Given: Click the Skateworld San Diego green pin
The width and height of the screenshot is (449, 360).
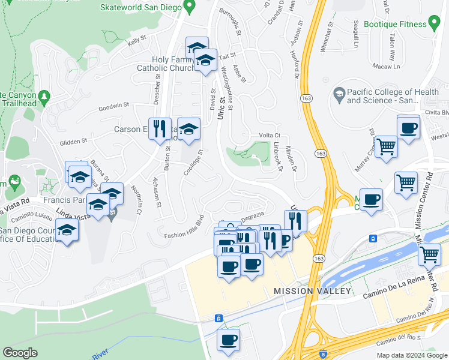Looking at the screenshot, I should click(x=190, y=7).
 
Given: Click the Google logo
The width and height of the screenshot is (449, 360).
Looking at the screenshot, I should click(x=20, y=353).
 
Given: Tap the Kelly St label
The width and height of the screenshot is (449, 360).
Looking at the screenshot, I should click(x=137, y=41).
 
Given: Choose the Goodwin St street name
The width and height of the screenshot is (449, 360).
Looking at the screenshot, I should click(x=114, y=106).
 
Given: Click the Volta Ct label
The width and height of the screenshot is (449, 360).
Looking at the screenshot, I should click(x=270, y=136).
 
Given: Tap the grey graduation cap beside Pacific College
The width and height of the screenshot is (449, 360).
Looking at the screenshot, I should click(x=339, y=94).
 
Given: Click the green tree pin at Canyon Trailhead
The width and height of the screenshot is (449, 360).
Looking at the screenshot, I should click(x=43, y=96).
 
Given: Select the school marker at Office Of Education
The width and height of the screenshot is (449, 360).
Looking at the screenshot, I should click(x=67, y=230).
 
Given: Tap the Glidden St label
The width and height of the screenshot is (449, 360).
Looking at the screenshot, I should click(x=73, y=142).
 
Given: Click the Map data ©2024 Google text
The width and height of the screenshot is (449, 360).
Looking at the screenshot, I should click(x=411, y=355).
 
